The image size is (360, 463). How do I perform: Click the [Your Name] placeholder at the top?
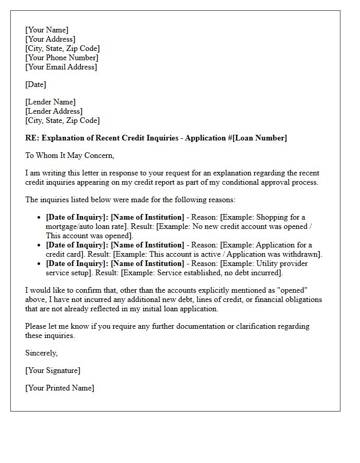point(47,30)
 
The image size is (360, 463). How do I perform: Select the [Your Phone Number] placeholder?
point(62,58)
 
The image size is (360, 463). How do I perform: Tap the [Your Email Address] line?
point(61,67)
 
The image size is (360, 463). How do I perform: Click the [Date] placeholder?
point(35,84)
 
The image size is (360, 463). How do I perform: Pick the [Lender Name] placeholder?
point(50,102)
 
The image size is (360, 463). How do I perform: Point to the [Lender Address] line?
point(54,111)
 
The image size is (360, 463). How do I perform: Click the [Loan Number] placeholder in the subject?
point(261,138)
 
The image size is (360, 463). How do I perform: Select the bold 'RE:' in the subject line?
point(32,138)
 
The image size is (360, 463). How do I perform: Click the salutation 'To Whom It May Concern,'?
point(69,155)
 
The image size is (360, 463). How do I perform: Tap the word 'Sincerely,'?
point(42,353)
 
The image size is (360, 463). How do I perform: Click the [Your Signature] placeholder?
point(53,370)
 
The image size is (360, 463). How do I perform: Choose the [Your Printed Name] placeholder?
point(60,388)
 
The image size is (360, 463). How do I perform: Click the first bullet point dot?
point(40,218)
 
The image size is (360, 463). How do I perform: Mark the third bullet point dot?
point(40,264)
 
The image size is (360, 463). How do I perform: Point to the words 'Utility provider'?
point(285,263)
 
